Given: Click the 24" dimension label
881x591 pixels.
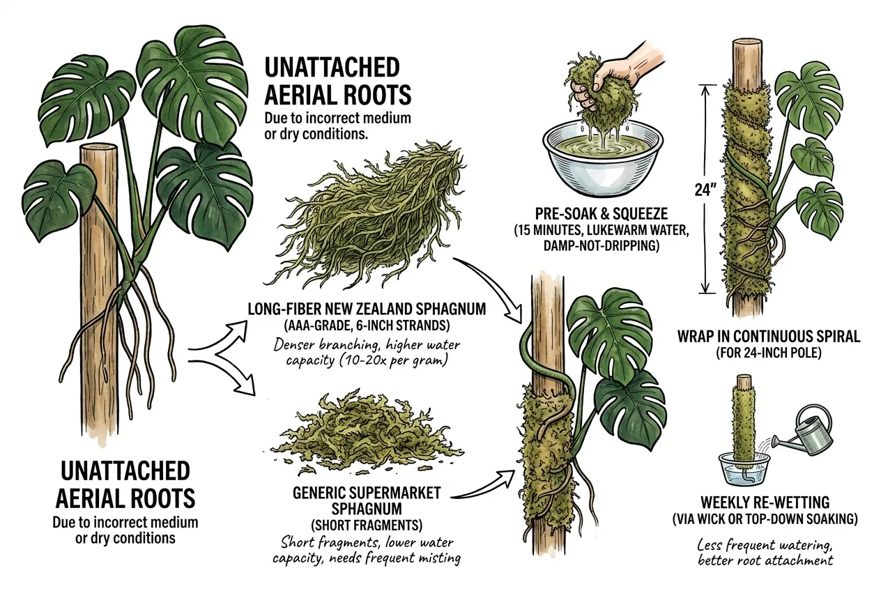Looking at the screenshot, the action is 704,190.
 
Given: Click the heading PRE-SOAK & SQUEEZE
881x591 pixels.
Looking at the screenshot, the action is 602,214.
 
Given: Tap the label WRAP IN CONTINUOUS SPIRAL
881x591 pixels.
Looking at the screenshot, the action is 769,337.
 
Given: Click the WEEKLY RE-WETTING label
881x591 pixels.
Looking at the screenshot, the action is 765,502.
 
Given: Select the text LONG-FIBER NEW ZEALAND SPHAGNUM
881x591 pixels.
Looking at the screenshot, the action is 367,309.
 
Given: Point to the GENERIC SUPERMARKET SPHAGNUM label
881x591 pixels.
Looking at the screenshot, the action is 367,500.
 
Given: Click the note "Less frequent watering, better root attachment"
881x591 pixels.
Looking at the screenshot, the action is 765,552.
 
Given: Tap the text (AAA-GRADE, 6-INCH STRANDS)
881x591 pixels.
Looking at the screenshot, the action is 367,325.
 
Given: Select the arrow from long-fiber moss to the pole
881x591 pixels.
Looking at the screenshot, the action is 496,282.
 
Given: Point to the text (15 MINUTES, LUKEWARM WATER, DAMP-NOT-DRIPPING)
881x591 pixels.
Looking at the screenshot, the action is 602,238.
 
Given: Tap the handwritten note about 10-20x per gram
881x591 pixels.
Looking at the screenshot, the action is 367,353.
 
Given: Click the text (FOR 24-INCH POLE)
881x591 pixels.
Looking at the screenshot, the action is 769,353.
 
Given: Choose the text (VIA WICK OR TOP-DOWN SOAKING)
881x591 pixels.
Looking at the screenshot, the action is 765,519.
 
